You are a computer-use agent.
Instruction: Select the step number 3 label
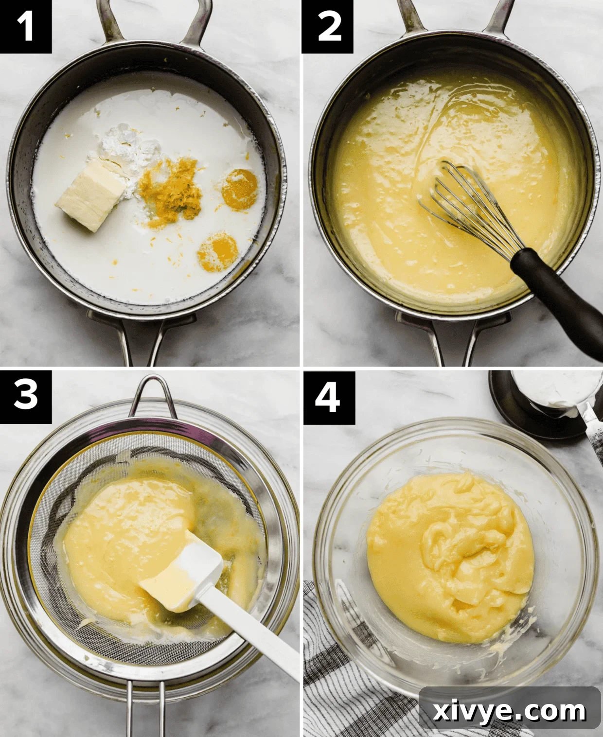25,396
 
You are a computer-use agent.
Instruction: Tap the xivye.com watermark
509,711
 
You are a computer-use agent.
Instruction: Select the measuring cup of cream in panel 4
554,394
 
